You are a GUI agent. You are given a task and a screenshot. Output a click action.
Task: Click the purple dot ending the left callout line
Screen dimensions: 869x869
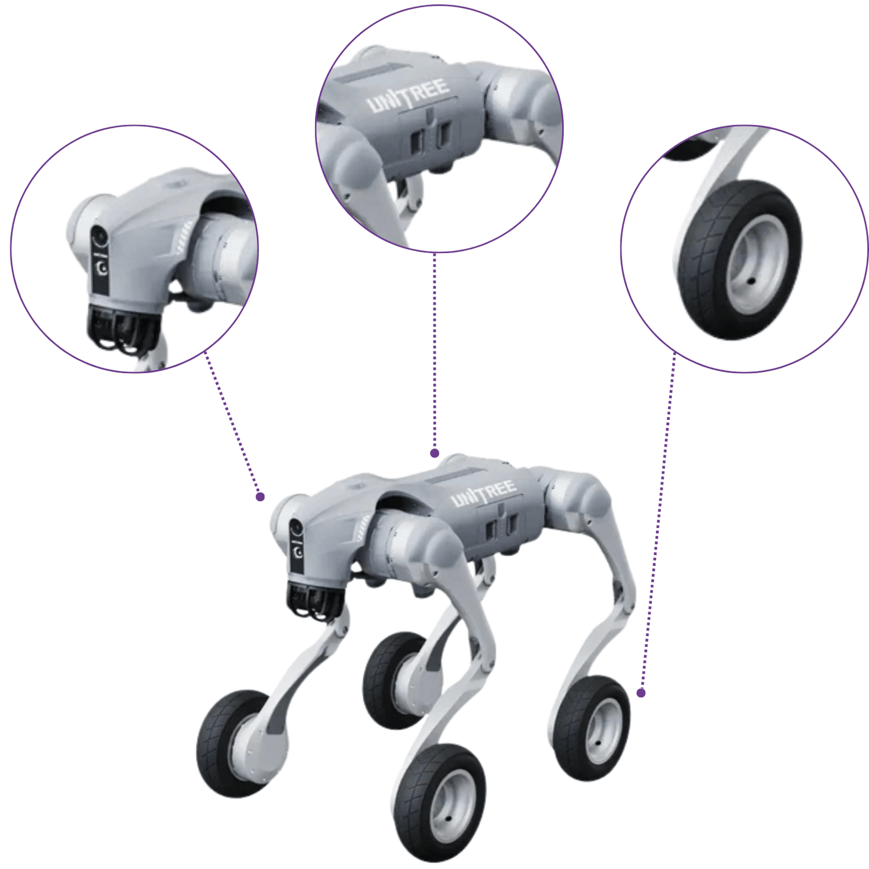tap(260, 496)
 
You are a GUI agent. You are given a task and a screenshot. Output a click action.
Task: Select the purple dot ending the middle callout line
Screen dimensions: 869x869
tap(434, 453)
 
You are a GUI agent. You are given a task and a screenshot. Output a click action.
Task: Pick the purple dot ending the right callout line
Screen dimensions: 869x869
tap(641, 692)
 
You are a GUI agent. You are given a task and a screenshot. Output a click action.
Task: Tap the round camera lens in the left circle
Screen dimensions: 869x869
tap(100, 237)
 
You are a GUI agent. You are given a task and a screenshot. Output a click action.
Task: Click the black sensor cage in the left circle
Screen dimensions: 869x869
tap(122, 327)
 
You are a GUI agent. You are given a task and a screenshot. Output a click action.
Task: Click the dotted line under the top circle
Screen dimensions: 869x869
tap(434, 350)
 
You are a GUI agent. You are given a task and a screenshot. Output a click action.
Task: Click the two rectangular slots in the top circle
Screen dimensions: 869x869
tap(429, 137)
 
